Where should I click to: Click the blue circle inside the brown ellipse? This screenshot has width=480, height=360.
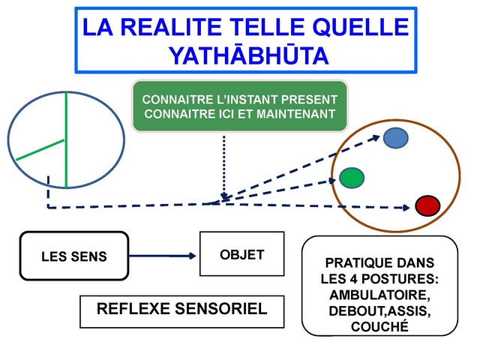395,137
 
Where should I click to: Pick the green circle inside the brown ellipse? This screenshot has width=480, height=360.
351,178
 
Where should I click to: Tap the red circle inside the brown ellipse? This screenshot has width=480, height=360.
427,205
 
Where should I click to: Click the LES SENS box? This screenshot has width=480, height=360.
73,256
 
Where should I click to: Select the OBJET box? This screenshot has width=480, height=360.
241,255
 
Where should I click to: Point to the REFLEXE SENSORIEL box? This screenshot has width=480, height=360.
182,309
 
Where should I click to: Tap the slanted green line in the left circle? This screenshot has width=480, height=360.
40,149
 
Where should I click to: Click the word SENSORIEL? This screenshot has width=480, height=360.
224,309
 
